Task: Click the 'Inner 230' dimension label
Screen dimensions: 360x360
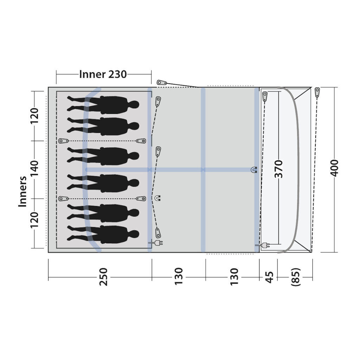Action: [x=103, y=74]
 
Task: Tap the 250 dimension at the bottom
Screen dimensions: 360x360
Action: [x=104, y=277]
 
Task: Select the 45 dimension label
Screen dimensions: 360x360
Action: [x=269, y=277]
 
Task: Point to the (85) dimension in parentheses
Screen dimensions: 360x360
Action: [x=295, y=277]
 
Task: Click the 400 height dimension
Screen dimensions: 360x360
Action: [x=334, y=168]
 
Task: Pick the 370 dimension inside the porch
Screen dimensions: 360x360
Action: [x=279, y=169]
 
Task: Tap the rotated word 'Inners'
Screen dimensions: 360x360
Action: [x=23, y=192]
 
